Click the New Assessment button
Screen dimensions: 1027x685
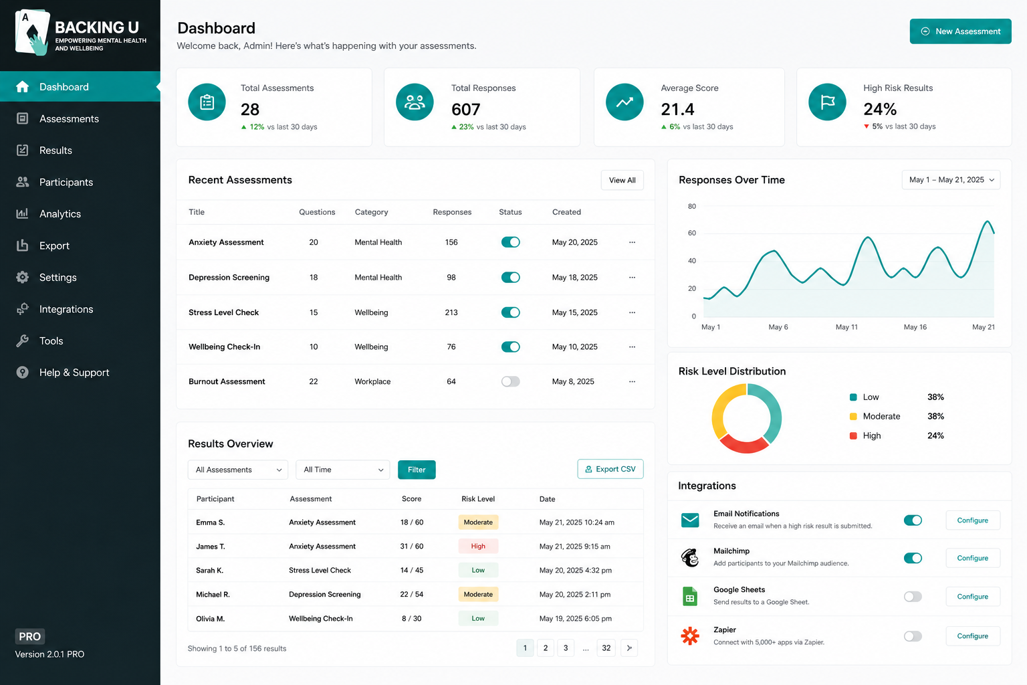960,31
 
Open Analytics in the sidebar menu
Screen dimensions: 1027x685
60,214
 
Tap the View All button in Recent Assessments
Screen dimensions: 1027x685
622,181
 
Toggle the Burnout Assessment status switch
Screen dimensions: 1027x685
510,381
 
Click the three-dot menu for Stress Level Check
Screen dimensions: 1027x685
632,312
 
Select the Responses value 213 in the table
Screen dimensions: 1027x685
451,312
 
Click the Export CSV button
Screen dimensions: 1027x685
610,469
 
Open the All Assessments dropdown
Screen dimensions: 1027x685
237,470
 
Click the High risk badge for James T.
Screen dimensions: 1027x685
478,546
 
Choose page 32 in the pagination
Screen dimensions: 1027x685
606,648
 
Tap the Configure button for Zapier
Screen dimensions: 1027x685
972,636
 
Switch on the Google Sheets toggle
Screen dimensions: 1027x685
913,597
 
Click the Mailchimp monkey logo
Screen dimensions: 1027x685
689,558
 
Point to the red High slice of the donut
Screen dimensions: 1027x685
745,445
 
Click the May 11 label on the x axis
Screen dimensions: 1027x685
846,327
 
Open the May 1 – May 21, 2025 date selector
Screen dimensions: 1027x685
950,180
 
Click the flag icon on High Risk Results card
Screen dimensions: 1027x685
827,102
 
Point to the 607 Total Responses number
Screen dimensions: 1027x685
465,109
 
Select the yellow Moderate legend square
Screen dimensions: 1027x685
852,417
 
